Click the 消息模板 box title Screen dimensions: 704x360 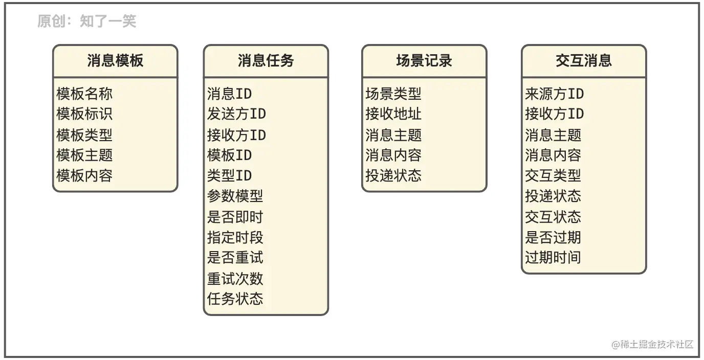point(115,61)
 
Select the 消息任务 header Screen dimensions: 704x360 point(266,61)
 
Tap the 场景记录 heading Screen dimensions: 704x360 point(424,61)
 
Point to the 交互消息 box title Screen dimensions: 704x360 point(584,61)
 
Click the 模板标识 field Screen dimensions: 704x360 point(84,114)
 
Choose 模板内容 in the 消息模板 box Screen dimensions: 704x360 point(84,176)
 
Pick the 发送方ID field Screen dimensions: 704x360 point(236,114)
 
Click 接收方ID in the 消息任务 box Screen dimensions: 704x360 point(236,135)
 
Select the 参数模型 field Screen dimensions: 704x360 point(235,196)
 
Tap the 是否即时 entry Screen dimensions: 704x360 point(235,217)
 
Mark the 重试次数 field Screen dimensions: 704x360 point(235,279)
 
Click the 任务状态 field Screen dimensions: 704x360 point(235,299)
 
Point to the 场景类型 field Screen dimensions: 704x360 point(393,94)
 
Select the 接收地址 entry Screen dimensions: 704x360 point(393,114)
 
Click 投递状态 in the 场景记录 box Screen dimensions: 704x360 point(393,176)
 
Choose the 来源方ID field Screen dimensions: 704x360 point(555,94)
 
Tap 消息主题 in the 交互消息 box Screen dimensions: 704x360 point(553,135)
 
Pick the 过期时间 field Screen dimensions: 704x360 point(553,258)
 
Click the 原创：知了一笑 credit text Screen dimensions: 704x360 point(87,21)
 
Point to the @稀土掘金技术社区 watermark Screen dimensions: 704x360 point(652,344)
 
